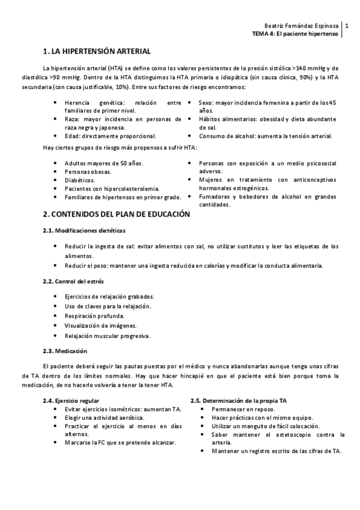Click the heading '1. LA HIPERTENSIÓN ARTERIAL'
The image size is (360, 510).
[97, 52]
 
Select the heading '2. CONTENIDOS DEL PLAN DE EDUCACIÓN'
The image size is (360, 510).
[116, 214]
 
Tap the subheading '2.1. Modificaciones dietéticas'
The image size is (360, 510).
[84, 231]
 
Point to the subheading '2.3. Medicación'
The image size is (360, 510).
[65, 351]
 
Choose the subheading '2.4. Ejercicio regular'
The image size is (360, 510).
[71, 400]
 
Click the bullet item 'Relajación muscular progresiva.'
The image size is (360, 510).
[108, 336]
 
